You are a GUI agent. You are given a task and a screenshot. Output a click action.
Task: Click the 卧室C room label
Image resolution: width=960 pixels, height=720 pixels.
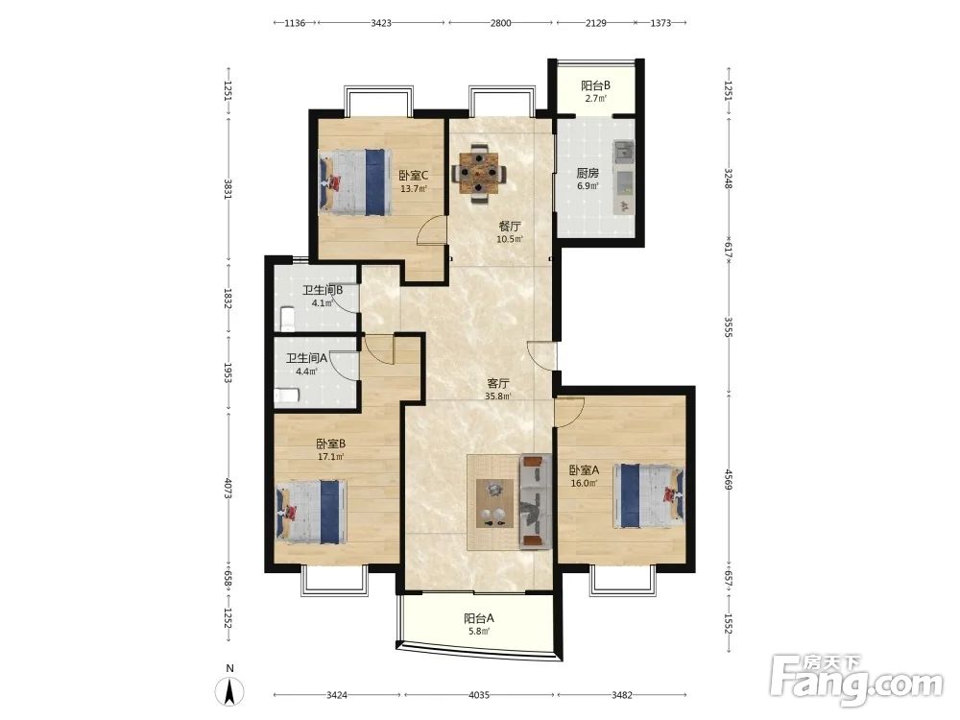(413, 175)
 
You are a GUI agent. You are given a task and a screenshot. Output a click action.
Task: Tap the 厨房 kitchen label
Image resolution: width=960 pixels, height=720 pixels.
(588, 173)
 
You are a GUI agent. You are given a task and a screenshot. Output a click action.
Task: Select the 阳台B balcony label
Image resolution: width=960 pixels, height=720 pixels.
(595, 85)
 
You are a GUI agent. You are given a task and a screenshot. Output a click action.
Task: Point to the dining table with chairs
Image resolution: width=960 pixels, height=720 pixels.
(479, 174)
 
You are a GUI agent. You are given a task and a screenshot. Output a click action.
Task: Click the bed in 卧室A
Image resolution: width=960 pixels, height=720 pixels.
(650, 495)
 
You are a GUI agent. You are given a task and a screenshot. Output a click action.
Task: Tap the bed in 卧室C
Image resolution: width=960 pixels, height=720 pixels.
(354, 181)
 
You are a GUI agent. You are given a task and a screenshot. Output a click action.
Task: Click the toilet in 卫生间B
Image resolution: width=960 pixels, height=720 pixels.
(287, 317)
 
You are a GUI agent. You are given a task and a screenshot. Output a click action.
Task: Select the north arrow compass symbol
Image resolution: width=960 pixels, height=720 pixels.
(229, 691)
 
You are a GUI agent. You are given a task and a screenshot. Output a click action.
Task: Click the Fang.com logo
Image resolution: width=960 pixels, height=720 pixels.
(856, 680)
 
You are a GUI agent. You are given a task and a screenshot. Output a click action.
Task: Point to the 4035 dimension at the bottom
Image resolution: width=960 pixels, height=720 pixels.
(479, 695)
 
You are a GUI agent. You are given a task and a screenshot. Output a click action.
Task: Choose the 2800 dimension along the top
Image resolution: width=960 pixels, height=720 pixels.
(500, 23)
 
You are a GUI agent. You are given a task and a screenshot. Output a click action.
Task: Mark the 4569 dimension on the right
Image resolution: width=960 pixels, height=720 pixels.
(728, 479)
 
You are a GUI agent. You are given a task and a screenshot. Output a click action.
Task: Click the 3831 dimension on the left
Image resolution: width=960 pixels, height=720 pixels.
(228, 188)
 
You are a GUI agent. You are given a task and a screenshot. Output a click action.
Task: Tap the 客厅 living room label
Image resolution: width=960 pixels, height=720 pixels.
(498, 384)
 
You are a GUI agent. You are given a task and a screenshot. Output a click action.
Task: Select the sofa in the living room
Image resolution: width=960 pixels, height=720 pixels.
(535, 501)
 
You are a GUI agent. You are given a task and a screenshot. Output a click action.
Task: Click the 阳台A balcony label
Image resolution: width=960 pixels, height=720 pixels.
(479, 618)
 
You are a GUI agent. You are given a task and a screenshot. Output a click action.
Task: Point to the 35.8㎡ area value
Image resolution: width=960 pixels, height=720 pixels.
(498, 396)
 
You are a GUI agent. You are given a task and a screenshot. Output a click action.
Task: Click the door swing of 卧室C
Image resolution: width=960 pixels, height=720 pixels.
(430, 230)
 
